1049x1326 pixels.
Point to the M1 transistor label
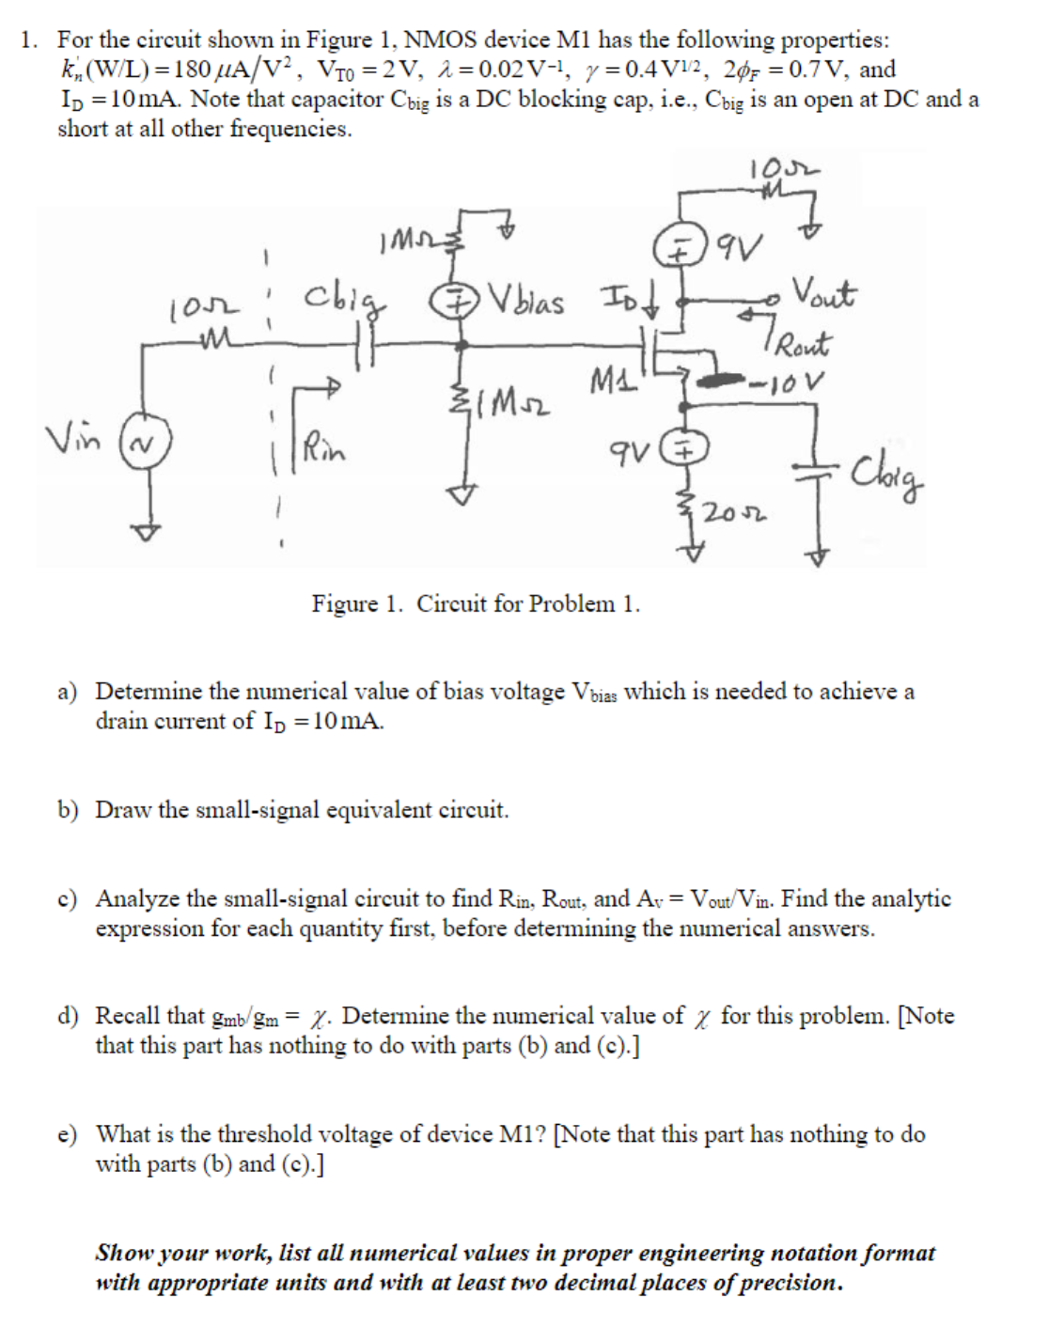[609, 382]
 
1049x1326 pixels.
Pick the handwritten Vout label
[823, 291]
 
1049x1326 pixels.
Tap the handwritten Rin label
[324, 448]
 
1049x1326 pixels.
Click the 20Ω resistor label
[735, 512]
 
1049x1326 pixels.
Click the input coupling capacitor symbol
[367, 345]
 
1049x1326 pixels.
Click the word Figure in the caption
[343, 603]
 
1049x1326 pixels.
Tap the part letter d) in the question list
[67, 1016]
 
